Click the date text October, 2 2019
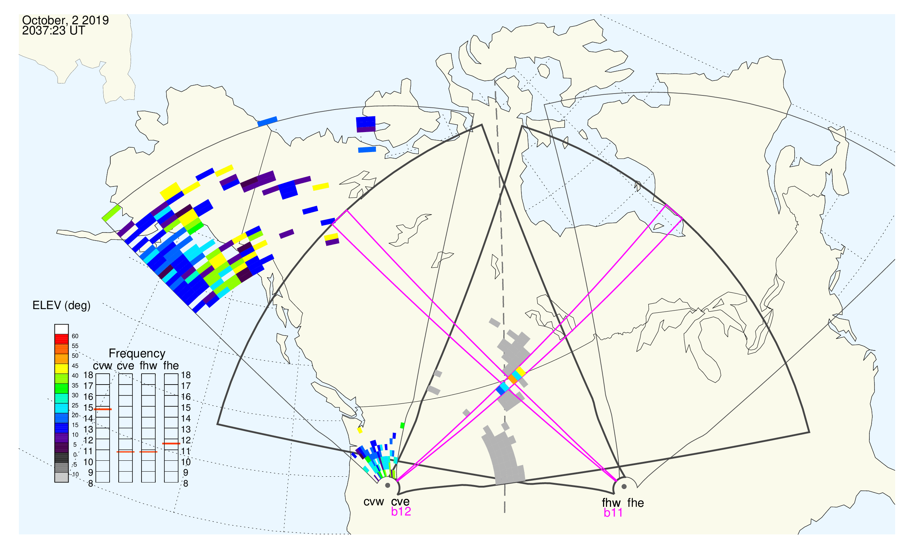tap(65, 20)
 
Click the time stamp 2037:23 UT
tap(53, 31)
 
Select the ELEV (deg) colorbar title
tap(61, 306)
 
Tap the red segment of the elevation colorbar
tap(61, 339)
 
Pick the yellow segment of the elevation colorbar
tap(61, 369)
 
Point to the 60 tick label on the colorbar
tap(75, 336)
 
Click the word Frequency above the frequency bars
tap(137, 354)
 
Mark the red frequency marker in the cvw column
tap(103, 410)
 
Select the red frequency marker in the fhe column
tap(171, 444)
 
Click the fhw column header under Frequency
tap(148, 366)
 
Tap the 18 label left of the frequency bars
tap(89, 375)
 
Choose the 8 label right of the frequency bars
tap(185, 484)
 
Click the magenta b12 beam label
tap(401, 512)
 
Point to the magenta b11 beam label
tap(613, 513)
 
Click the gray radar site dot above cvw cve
tap(388, 486)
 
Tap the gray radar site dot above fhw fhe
tap(624, 487)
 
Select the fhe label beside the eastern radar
tap(636, 503)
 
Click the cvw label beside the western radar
tap(374, 502)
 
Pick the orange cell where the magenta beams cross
tap(513, 379)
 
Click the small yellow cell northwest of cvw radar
tap(360, 430)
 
